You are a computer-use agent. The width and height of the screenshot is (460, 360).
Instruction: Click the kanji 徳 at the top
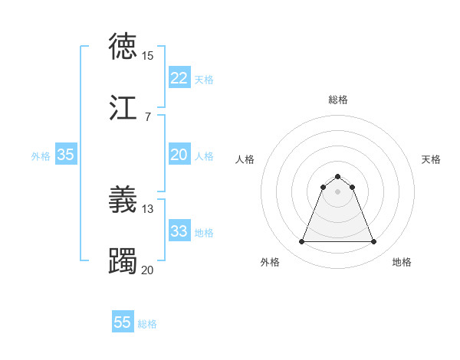pyautogui.click(x=123, y=47)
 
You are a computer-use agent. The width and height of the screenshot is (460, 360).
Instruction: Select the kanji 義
pyautogui.click(x=123, y=199)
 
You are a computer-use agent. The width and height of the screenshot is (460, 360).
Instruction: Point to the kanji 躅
pyautogui.click(x=123, y=260)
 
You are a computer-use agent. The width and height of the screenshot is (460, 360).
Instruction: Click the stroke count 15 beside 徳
pyautogui.click(x=147, y=56)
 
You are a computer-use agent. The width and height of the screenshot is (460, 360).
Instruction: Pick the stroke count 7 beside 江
pyautogui.click(x=147, y=116)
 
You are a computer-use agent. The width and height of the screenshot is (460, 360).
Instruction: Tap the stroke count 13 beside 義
pyautogui.click(x=147, y=208)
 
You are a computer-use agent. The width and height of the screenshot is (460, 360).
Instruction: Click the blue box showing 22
pyautogui.click(x=179, y=78)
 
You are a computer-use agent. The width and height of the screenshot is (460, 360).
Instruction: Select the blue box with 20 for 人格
pyautogui.click(x=179, y=155)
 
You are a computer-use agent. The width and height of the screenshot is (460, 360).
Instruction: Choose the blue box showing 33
pyautogui.click(x=179, y=231)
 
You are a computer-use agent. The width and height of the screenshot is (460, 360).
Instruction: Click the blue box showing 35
pyautogui.click(x=65, y=155)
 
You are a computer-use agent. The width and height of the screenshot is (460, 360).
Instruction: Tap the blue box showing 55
pyautogui.click(x=123, y=322)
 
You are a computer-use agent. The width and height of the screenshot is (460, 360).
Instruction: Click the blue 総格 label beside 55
pyautogui.click(x=148, y=324)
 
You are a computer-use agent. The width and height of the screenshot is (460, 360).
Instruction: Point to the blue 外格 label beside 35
pyautogui.click(x=41, y=156)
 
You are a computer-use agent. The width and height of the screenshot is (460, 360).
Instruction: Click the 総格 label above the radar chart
pyautogui.click(x=338, y=100)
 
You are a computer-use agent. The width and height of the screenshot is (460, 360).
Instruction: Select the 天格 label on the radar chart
pyautogui.click(x=431, y=159)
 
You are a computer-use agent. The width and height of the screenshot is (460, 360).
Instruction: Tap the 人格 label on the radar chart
pyautogui.click(x=245, y=159)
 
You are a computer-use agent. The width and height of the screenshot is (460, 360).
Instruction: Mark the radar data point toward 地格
pyautogui.click(x=374, y=242)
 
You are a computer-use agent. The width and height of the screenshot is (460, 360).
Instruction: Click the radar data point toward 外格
pyautogui.click(x=301, y=242)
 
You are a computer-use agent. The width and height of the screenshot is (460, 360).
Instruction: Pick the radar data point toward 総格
pyautogui.click(x=338, y=177)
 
